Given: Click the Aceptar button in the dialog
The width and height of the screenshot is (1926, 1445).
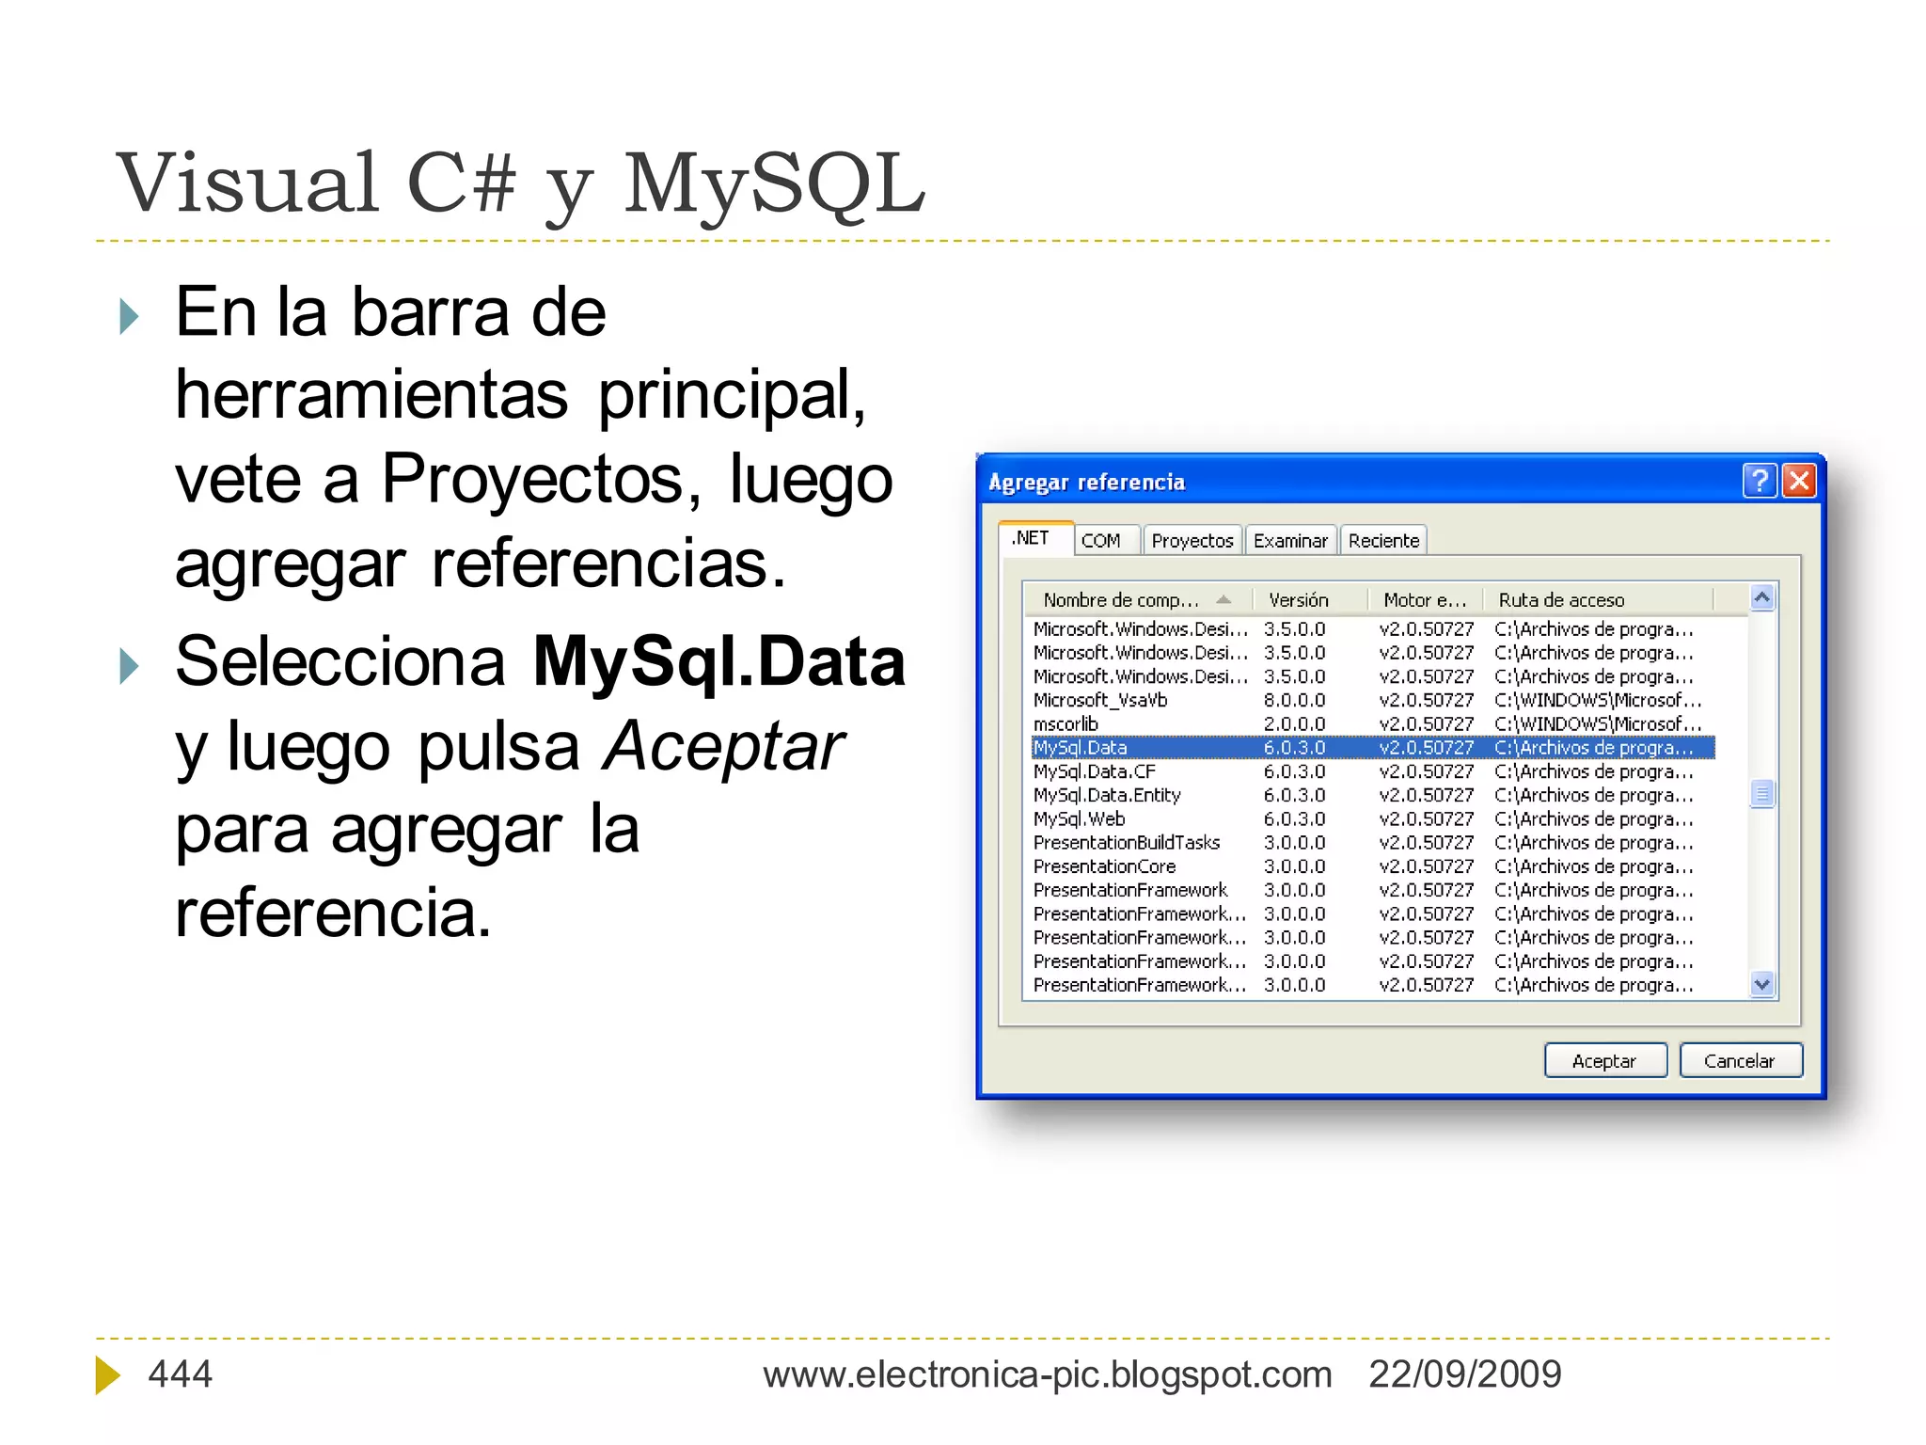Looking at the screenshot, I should tap(1604, 1060).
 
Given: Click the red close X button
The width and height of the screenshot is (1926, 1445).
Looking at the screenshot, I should tap(1799, 481).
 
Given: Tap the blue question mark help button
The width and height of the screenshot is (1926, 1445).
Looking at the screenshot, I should tap(1759, 481).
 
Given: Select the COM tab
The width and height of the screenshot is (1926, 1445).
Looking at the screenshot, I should tap(1100, 541).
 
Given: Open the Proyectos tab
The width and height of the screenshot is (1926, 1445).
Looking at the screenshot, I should tap(1192, 541).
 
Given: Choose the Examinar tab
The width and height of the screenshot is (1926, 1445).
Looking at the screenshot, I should tap(1290, 541).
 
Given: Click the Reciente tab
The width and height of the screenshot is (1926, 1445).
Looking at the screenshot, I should tap(1382, 541).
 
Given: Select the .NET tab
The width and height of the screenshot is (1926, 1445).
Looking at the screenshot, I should tap(1031, 538).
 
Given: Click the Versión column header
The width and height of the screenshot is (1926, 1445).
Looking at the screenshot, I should tap(1298, 600).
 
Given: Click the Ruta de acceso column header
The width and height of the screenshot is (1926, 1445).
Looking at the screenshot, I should tap(1561, 600).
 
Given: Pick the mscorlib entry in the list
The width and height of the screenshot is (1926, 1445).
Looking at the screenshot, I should tap(1066, 724).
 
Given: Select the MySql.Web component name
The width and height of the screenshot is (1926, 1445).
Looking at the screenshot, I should tap(1079, 819).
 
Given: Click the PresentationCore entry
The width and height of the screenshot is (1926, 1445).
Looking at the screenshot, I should tap(1104, 866).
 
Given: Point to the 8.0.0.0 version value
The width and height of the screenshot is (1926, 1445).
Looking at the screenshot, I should tap(1294, 701).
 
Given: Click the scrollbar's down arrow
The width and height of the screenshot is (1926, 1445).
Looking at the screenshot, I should tap(1762, 985).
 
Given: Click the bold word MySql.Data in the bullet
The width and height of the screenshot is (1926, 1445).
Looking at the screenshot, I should tap(718, 662).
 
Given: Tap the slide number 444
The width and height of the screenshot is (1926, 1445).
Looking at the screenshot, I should tap(180, 1374).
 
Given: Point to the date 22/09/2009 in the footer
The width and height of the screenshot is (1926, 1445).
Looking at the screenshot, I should tap(1464, 1374).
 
